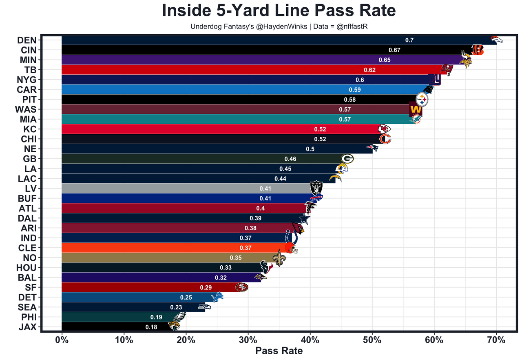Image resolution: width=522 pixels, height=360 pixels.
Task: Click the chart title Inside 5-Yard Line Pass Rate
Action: point(279,11)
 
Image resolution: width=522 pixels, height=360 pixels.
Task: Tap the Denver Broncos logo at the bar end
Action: point(496,40)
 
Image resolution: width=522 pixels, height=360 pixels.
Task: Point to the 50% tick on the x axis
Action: point(372,340)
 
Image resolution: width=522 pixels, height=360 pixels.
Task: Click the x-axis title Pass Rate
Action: point(279,351)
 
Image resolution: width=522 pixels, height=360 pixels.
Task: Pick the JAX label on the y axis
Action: point(27,327)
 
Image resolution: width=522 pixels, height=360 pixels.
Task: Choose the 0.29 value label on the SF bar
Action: point(206,288)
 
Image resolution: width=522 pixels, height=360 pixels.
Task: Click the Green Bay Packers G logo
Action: point(347,158)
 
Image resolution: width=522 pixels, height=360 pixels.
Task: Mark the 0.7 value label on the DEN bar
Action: point(409,40)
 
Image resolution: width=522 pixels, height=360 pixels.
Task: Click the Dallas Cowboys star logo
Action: point(304,218)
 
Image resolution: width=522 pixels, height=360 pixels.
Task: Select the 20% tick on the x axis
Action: point(186,340)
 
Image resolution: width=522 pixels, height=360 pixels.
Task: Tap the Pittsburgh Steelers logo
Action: point(422,99)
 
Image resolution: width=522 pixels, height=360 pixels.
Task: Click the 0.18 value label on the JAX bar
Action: point(151,327)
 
